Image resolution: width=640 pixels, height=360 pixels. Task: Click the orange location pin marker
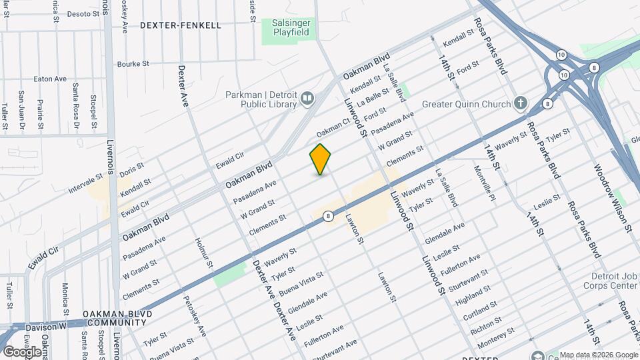click(321, 159)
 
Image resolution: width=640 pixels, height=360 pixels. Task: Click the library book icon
click(307, 99)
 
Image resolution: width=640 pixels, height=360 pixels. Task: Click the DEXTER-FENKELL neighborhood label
click(181, 25)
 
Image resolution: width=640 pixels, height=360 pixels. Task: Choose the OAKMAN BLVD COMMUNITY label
click(117, 318)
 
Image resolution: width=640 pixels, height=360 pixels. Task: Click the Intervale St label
click(86, 185)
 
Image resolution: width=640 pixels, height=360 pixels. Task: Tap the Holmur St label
click(204, 254)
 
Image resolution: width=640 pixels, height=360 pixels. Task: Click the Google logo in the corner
click(22, 351)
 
